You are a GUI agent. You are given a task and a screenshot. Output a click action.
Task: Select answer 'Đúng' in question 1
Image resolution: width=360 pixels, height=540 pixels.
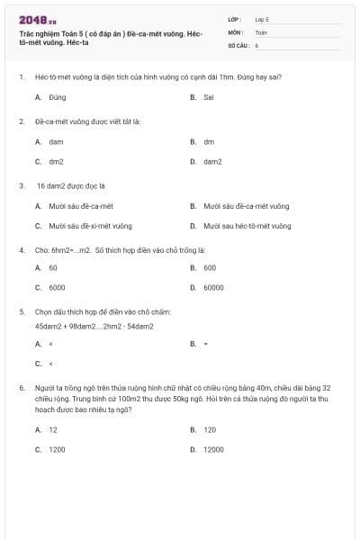[58, 96]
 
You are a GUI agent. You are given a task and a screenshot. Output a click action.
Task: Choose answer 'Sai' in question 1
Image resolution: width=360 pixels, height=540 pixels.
[209, 96]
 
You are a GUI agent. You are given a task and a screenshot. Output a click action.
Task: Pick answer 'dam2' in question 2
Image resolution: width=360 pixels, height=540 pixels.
[212, 162]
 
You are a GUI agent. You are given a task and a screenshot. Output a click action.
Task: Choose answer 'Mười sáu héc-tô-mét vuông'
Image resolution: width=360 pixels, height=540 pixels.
[247, 226]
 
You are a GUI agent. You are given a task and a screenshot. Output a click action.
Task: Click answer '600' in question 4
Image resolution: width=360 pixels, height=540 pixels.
[210, 267]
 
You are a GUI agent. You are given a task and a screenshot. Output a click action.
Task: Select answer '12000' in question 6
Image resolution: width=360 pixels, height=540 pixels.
[213, 448]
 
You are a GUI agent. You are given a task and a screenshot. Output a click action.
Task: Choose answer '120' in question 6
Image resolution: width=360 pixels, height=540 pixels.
[210, 429]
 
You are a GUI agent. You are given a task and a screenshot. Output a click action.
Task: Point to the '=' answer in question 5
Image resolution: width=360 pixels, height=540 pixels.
[206, 344]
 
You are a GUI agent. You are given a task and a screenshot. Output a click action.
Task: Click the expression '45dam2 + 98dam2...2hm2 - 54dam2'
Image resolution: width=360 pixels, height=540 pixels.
[94, 326]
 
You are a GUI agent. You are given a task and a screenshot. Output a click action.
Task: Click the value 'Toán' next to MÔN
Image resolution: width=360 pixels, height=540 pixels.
[261, 31]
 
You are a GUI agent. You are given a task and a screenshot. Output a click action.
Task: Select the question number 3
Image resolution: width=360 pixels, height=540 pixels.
[21, 186]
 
